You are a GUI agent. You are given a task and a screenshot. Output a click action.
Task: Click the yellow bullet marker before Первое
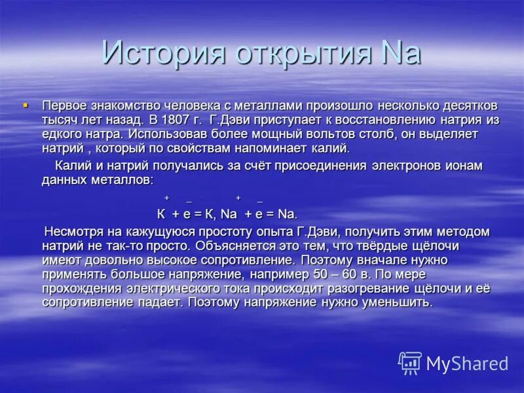pyautogui.click(x=26, y=105)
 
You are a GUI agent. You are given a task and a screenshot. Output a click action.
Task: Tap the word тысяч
pyautogui.click(x=60, y=119)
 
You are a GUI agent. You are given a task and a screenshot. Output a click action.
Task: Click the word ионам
pyautogui.click(x=462, y=165)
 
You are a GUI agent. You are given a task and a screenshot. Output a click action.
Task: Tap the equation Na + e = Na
pyautogui.click(x=259, y=214)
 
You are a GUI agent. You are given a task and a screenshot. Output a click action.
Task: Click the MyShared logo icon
pyautogui.click(x=410, y=362)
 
